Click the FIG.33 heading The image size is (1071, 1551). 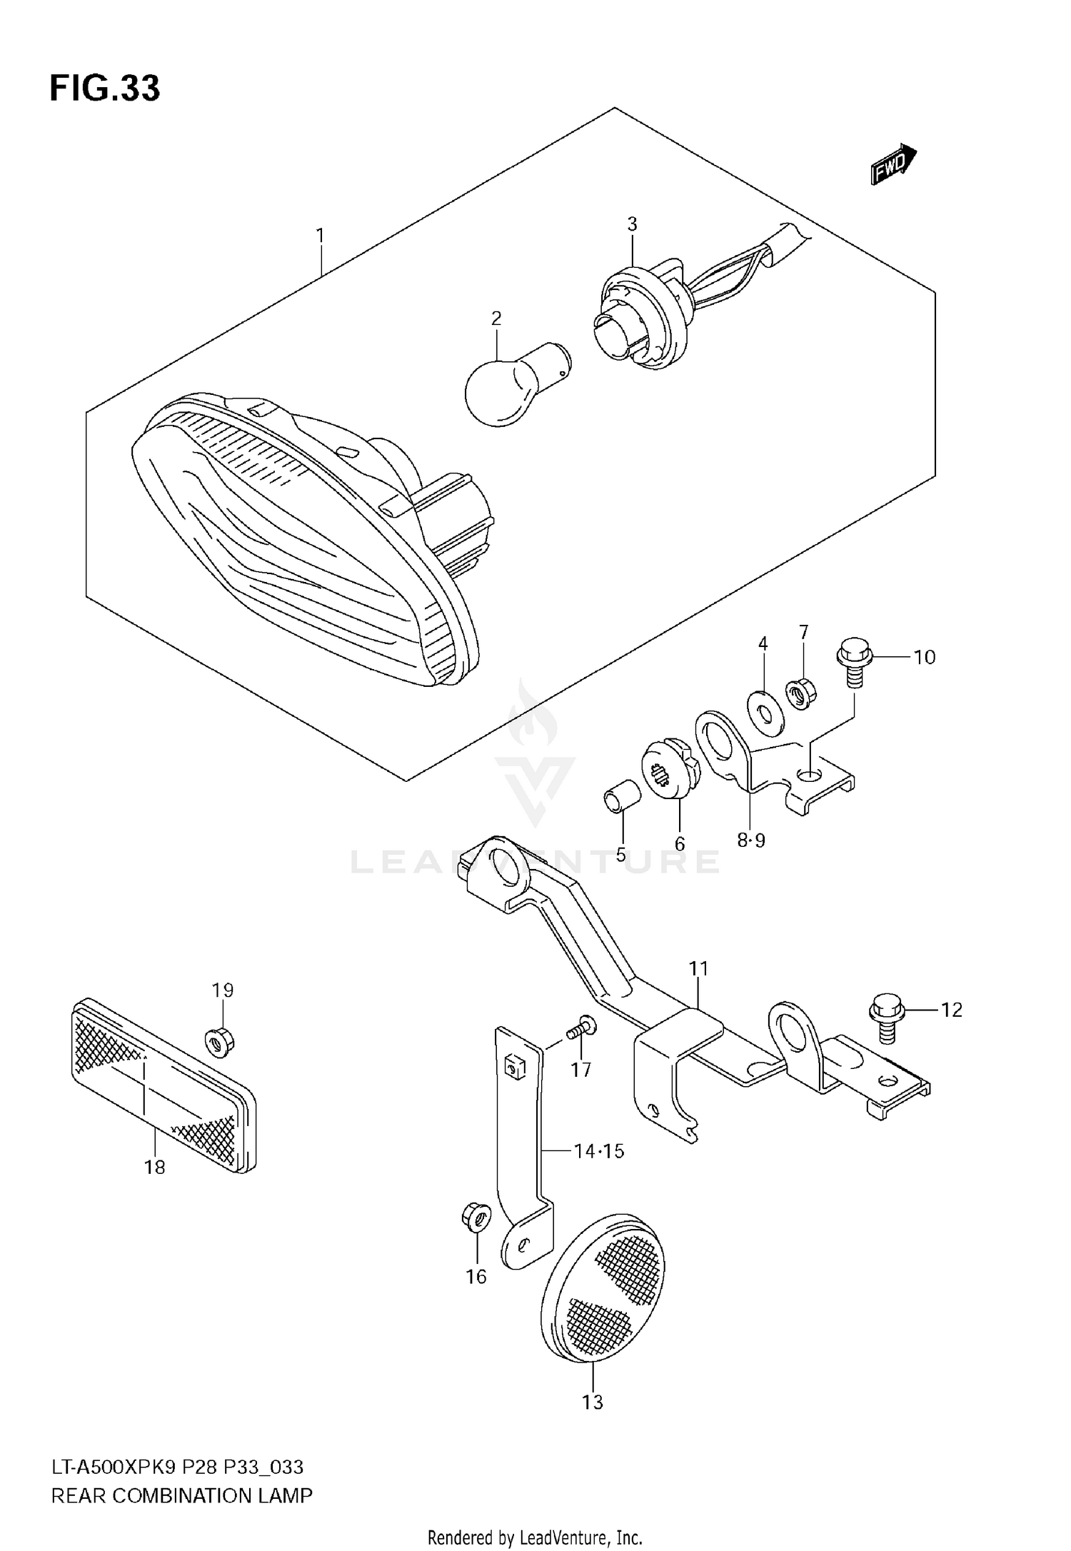105,89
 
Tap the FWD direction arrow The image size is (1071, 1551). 892,164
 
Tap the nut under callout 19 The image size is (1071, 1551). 220,1043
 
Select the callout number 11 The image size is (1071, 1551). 698,969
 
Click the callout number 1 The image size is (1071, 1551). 321,235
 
